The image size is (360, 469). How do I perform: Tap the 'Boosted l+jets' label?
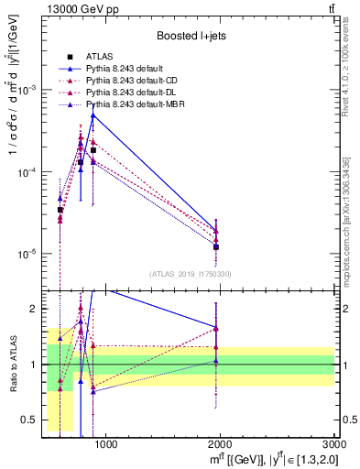[189, 37]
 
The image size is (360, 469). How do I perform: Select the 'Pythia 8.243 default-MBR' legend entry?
[137, 105]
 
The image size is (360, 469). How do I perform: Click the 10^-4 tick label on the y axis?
[29, 172]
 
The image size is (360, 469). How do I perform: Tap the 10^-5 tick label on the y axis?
[29, 254]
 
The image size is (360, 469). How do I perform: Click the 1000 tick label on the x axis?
[106, 446]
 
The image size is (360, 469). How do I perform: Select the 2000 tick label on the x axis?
[221, 446]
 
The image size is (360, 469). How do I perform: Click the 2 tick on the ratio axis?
[37, 309]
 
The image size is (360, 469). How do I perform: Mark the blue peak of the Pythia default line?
[93, 115]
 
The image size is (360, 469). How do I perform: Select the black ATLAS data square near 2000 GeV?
[216, 247]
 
